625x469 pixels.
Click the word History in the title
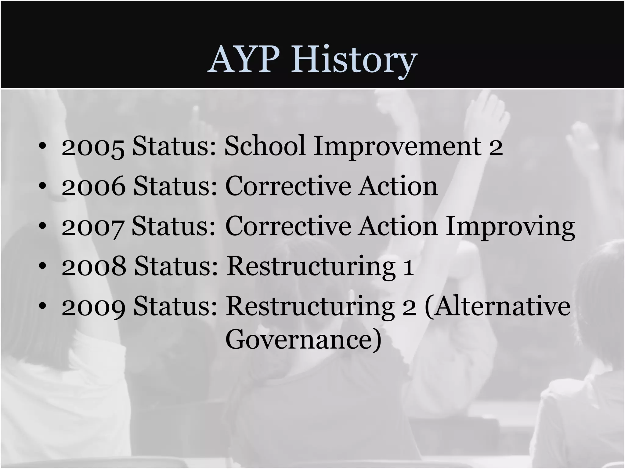(x=354, y=60)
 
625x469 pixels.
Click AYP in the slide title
(x=244, y=60)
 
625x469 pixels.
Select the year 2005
(x=93, y=147)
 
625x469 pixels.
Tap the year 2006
(x=93, y=187)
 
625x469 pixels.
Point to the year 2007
(x=93, y=227)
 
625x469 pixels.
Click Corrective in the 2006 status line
(x=288, y=186)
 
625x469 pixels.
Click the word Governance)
(x=303, y=339)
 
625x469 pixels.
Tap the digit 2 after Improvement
(x=496, y=147)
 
